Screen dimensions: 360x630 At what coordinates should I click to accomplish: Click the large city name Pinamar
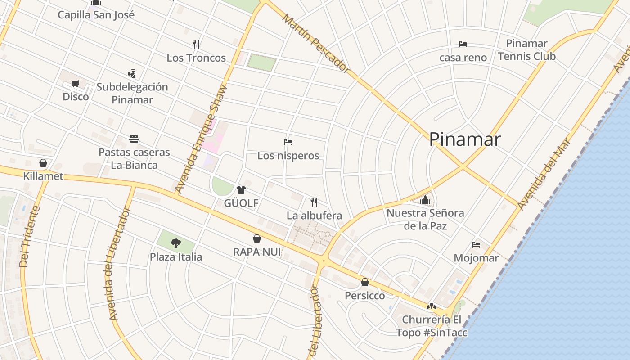click(464, 139)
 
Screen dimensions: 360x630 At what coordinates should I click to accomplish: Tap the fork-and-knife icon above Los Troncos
click(196, 44)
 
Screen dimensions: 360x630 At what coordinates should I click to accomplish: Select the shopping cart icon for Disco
click(76, 83)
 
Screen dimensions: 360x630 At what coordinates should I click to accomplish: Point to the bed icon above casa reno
click(463, 44)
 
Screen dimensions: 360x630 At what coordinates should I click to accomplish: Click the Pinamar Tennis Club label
click(526, 50)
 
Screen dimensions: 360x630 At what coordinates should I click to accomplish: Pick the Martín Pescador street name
click(315, 43)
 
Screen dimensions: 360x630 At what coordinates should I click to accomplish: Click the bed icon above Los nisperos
click(288, 142)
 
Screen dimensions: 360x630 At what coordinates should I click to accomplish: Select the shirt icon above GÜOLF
click(241, 189)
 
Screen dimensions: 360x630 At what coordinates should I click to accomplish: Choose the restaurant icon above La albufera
click(314, 202)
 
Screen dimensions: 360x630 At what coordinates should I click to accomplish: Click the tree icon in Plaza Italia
click(176, 243)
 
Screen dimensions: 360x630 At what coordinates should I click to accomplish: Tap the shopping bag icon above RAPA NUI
click(257, 238)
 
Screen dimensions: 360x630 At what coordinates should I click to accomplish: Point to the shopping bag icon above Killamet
click(43, 162)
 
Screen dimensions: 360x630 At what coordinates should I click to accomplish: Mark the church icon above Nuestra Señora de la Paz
click(425, 200)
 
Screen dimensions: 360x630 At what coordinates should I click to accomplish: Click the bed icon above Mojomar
click(476, 244)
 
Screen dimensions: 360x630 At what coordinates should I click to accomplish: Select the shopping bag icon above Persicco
click(365, 282)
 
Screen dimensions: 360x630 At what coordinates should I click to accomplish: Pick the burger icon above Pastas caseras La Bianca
click(134, 139)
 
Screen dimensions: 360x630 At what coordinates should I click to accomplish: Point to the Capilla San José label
click(96, 15)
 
